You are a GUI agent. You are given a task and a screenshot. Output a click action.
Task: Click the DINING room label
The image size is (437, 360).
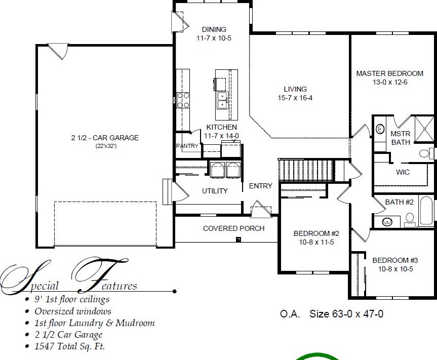tap(214, 29)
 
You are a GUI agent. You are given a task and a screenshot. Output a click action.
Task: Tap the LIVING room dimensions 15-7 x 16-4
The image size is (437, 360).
tap(295, 98)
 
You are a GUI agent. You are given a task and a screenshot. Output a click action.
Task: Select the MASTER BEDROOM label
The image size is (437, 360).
tap(389, 73)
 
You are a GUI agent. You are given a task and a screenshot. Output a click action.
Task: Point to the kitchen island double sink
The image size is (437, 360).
tap(223, 101)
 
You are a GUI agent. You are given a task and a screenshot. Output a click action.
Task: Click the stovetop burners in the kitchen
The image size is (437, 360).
tap(183, 100)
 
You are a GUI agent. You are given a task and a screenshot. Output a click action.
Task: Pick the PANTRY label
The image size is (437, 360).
tap(187, 146)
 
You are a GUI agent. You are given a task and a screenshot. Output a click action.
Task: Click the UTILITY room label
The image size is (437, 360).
tap(215, 191)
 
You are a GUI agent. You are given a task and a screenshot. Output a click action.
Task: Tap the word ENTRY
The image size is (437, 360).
tap(261, 186)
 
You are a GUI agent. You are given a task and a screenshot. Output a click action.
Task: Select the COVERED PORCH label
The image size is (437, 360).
tap(233, 228)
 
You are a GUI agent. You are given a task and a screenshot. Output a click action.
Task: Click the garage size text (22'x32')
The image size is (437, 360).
tap(106, 146)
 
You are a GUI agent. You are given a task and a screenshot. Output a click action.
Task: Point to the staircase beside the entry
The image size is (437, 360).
tap(306, 170)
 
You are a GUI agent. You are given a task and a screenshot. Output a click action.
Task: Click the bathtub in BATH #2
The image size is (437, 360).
tap(426, 211)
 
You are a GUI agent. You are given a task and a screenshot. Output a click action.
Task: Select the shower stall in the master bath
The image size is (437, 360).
tap(424, 129)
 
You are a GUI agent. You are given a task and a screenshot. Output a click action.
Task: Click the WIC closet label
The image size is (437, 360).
tap(403, 172)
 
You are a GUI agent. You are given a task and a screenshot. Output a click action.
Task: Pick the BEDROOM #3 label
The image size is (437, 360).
tap(395, 260)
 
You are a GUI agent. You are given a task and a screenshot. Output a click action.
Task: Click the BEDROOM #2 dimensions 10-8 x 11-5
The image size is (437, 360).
tap(316, 242)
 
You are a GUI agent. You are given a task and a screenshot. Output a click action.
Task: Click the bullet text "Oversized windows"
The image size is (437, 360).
tap(73, 311)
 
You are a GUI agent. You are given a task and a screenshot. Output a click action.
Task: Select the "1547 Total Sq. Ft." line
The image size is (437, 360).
tap(70, 346)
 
